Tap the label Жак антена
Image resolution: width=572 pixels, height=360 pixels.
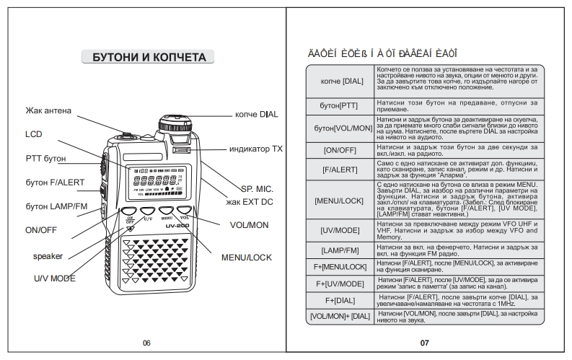pos(48,110)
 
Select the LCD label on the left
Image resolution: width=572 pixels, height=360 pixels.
pos(34,134)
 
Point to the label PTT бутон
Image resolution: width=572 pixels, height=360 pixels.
pos(45,158)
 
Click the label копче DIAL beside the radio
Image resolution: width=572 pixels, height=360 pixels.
pos(256,114)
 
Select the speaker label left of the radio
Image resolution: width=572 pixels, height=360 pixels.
pos(48,256)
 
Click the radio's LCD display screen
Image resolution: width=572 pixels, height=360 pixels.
pos(154,183)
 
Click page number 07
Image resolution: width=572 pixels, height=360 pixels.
pos(424,343)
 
